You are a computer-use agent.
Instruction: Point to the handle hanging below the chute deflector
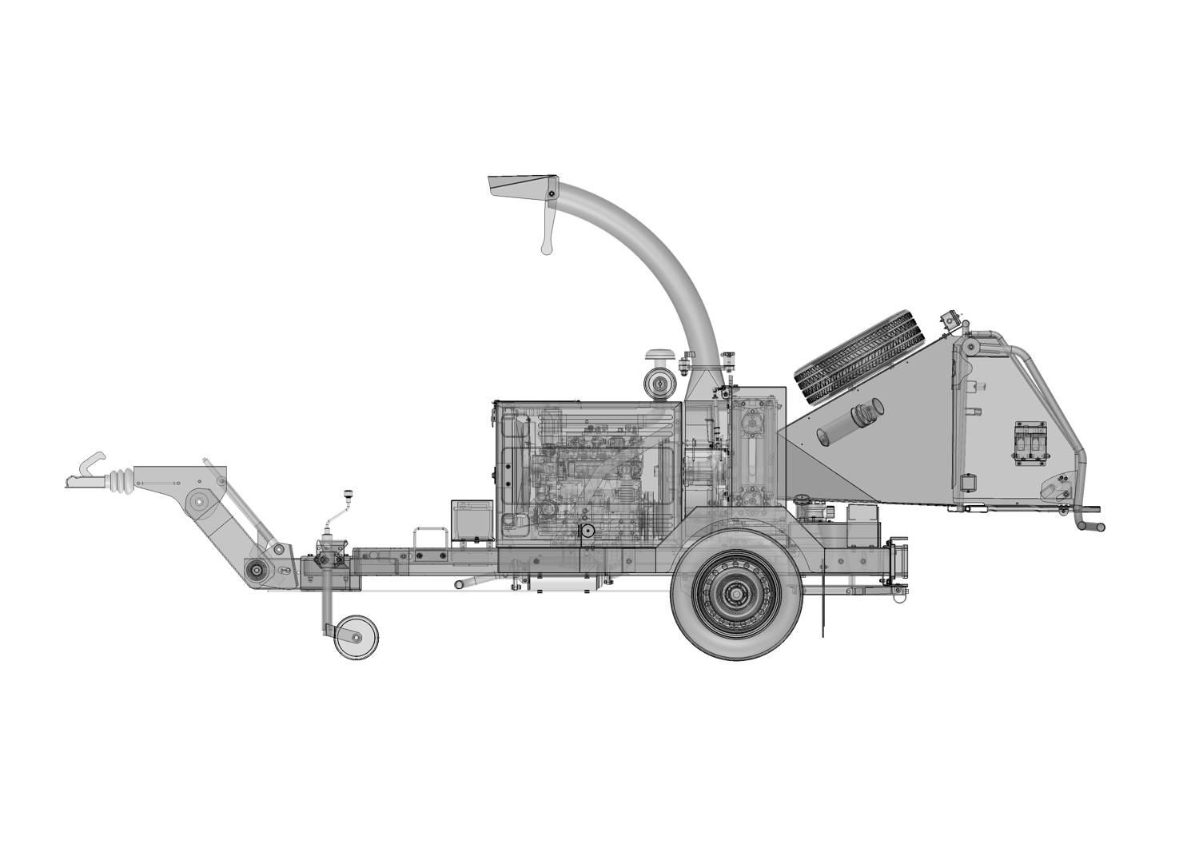[x=548, y=232]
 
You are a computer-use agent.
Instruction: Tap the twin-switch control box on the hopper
[x=1030, y=444]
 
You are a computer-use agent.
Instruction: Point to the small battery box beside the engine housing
[x=472, y=520]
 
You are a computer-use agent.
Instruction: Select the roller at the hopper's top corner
[x=970, y=347]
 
